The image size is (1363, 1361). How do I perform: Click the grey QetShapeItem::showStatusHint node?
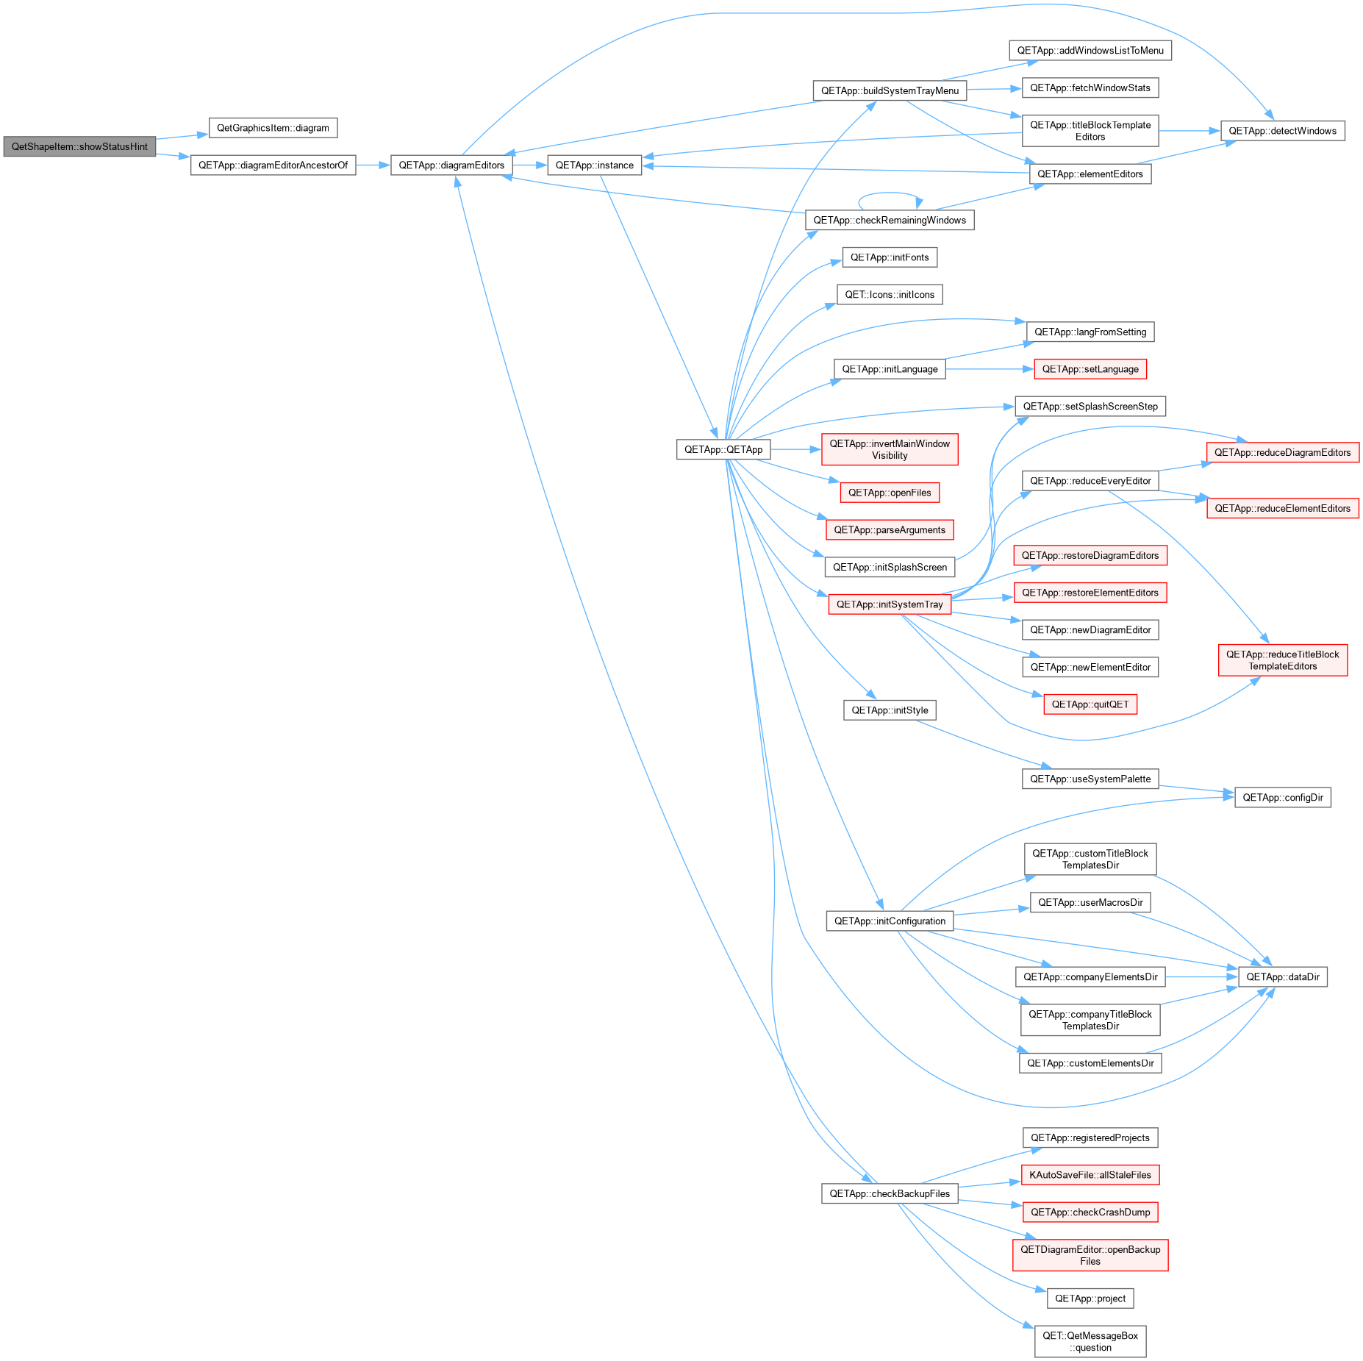click(79, 146)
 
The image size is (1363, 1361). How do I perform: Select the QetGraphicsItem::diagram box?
click(273, 128)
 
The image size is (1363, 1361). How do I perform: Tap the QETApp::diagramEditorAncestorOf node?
click(273, 165)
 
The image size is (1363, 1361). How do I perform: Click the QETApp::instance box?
click(594, 165)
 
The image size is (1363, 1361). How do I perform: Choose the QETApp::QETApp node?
click(723, 449)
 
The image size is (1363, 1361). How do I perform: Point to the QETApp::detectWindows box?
click(1282, 131)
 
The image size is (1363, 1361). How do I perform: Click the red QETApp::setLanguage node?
click(1090, 369)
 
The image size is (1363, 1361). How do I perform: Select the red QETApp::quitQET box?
click(1090, 704)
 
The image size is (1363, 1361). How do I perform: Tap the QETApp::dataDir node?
click(1283, 976)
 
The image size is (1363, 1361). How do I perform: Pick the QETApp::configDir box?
click(1283, 797)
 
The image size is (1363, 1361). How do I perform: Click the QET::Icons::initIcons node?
click(890, 295)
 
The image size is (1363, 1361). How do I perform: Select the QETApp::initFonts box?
click(890, 257)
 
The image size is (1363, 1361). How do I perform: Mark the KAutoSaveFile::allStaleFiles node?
click(1090, 1175)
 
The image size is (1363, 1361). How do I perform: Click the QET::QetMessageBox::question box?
click(1090, 1341)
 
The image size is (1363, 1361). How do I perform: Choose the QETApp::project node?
click(1090, 1299)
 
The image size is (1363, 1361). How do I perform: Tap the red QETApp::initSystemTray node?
click(890, 604)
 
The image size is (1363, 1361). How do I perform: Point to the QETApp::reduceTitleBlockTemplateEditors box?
click(1283, 660)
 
